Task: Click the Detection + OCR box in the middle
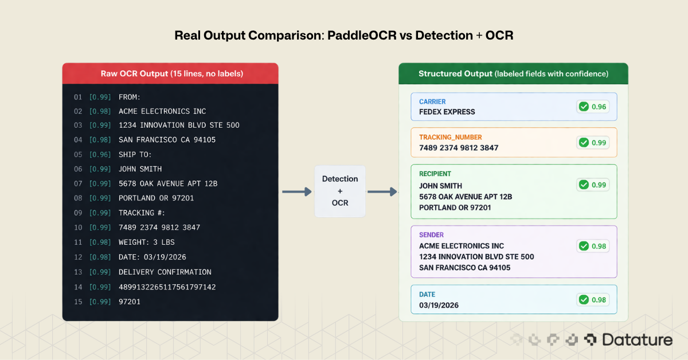pos(339,191)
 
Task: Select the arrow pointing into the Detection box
pos(296,191)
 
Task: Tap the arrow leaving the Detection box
pos(382,191)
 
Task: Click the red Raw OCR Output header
pos(170,73)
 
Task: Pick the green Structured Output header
pos(513,73)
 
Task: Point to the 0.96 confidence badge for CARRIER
pos(593,107)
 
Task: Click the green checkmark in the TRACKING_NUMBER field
pos(584,142)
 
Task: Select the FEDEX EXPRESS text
pos(447,112)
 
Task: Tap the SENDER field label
pos(431,234)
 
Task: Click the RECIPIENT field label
pos(435,174)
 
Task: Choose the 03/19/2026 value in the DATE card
pos(439,305)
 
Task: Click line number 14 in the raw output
pos(78,287)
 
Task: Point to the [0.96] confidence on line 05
pos(100,154)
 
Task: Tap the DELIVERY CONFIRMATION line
pos(165,272)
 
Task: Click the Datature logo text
pos(637,340)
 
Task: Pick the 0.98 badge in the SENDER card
pos(593,246)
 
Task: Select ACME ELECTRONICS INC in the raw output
pos(162,111)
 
